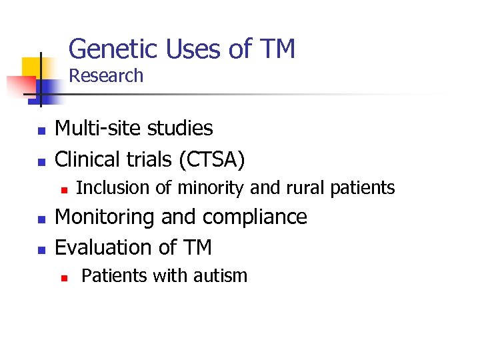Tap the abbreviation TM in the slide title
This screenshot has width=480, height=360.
(x=277, y=49)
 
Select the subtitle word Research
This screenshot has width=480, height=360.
(x=106, y=76)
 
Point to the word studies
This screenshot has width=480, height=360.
(x=181, y=128)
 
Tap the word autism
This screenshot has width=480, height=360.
(x=219, y=275)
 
